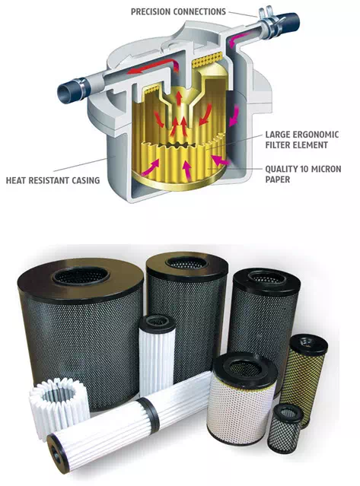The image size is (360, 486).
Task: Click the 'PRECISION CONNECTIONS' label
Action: click(x=178, y=11)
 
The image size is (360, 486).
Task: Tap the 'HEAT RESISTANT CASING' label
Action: click(x=53, y=180)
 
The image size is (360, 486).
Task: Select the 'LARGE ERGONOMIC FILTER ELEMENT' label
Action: click(x=301, y=140)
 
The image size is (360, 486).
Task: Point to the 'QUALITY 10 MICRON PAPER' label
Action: click(x=303, y=174)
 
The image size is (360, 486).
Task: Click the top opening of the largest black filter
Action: click(x=81, y=277)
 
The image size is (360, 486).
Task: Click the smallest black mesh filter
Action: click(x=285, y=429)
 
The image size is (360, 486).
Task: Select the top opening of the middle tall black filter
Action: click(x=186, y=263)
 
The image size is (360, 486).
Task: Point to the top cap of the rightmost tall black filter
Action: click(x=267, y=278)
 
